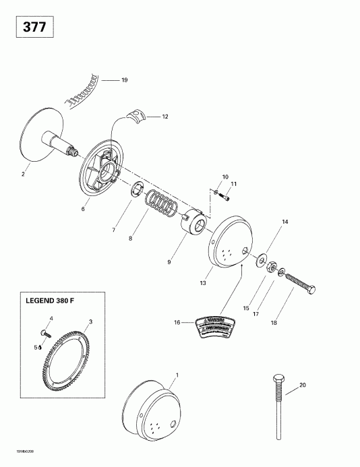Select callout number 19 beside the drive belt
click(124, 80)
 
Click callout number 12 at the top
click(164, 117)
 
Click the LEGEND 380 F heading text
click(55, 303)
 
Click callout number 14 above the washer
click(284, 222)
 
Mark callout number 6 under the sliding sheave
click(83, 210)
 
